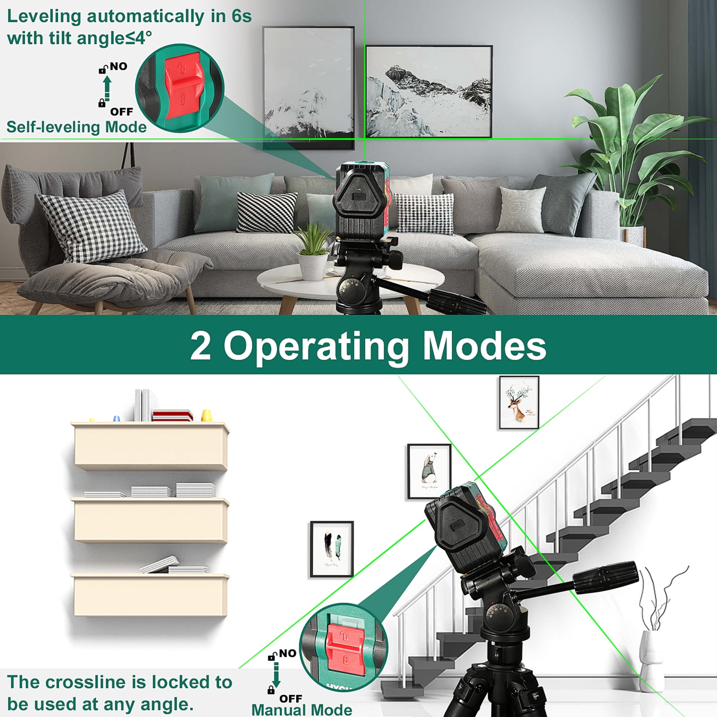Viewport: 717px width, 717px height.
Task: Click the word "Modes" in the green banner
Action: point(484,346)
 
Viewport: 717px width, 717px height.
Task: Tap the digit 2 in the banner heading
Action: point(200,346)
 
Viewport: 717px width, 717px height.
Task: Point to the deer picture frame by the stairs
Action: point(519,402)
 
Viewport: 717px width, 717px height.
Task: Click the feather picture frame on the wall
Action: point(332,549)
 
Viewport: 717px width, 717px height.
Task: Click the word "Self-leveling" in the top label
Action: point(53,127)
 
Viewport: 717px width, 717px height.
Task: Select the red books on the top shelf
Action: point(172,415)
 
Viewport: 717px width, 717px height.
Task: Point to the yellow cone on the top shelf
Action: point(207,415)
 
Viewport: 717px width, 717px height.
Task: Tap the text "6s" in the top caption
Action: point(242,17)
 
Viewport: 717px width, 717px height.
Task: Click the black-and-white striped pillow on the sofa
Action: point(267,212)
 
